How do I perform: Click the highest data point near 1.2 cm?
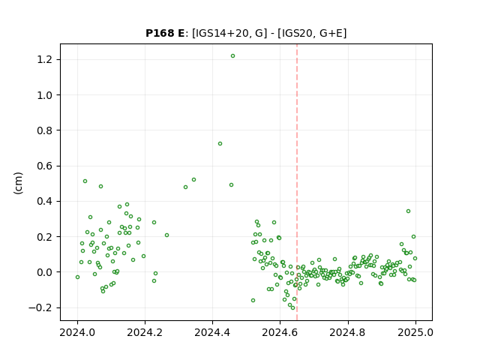click(x=232, y=56)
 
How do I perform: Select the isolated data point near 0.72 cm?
click(x=220, y=143)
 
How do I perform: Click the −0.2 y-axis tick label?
click(x=41, y=307)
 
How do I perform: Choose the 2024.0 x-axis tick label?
click(x=77, y=332)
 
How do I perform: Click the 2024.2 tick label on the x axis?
click(x=145, y=332)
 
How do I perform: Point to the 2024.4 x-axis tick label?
click(x=212, y=332)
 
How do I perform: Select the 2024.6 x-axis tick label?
click(x=280, y=332)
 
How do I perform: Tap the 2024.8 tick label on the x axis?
click(x=347, y=332)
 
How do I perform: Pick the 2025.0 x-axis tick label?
click(x=415, y=332)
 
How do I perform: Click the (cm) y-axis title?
click(x=18, y=183)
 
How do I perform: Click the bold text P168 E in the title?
click(x=165, y=33)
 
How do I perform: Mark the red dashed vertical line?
click(x=297, y=182)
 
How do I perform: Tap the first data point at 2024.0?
click(x=77, y=277)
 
